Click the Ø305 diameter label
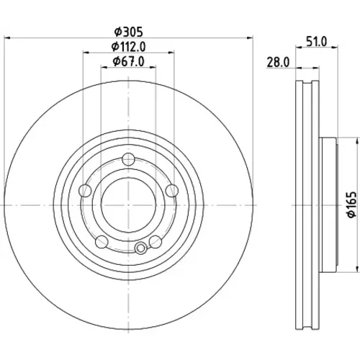(x=128, y=32)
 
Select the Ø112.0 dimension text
(x=128, y=47)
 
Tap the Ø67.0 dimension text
(x=129, y=62)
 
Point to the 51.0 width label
(x=317, y=42)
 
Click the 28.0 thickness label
(x=278, y=63)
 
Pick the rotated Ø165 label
(x=352, y=204)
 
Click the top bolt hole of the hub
(x=128, y=159)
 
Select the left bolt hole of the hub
(x=85, y=191)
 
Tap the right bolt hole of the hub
(x=172, y=191)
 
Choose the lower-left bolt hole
(x=102, y=242)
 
